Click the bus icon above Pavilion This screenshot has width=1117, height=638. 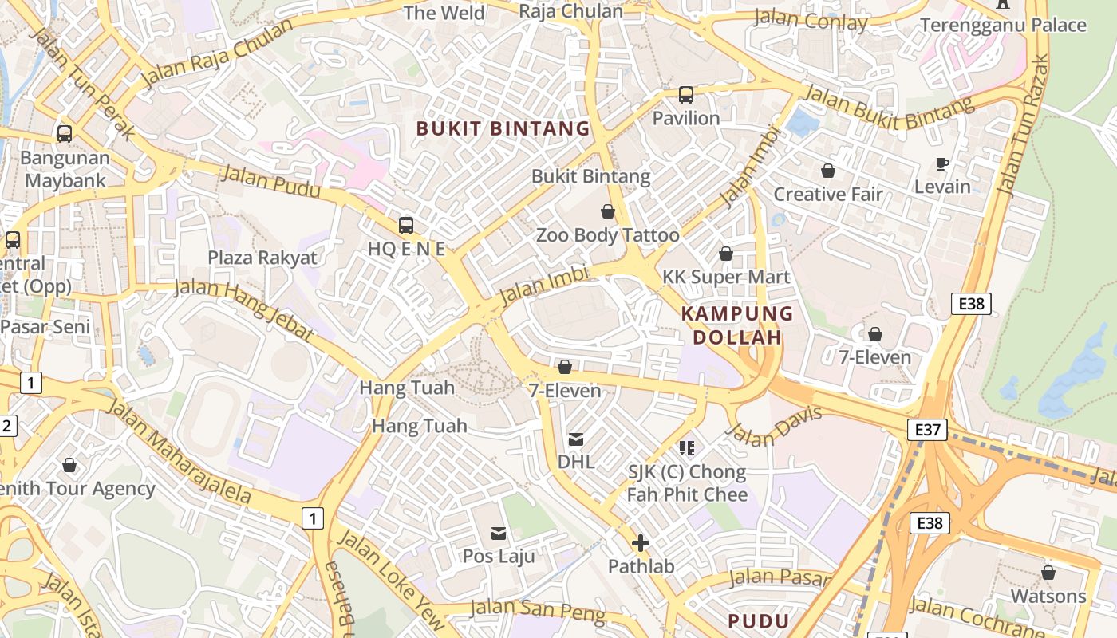pyautogui.click(x=686, y=95)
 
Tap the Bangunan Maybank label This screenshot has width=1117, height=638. pyautogui.click(x=65, y=169)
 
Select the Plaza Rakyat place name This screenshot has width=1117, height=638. pyautogui.click(x=262, y=258)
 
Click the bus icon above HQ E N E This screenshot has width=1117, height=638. pyautogui.click(x=406, y=226)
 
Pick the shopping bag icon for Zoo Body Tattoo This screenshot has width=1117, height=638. pyautogui.click(x=608, y=211)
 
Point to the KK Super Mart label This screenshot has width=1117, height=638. pyautogui.click(x=726, y=277)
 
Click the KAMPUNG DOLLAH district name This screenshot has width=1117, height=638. pyautogui.click(x=737, y=325)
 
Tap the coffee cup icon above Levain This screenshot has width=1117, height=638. pyautogui.click(x=942, y=163)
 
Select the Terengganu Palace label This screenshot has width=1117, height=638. pyautogui.click(x=1003, y=25)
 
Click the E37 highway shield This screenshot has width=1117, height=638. pyautogui.click(x=927, y=431)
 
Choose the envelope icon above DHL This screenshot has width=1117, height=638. pyautogui.click(x=575, y=439)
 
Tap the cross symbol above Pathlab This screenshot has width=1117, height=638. pyautogui.click(x=640, y=544)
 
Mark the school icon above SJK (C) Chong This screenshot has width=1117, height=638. pyautogui.click(x=686, y=448)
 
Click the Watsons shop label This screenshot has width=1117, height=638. pyautogui.click(x=1048, y=596)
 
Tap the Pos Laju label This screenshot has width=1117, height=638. pyautogui.click(x=499, y=556)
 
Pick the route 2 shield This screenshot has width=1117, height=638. pyautogui.click(x=6, y=425)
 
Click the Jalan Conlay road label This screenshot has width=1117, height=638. pyautogui.click(x=810, y=20)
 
